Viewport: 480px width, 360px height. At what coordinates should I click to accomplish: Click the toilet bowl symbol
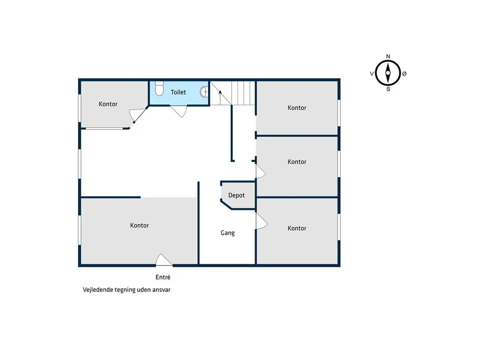(159, 88)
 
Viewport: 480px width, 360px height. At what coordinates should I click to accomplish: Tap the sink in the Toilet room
(204, 92)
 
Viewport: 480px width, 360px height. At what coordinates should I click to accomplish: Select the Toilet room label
(178, 92)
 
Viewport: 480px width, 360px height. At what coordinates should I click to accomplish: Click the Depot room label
(236, 195)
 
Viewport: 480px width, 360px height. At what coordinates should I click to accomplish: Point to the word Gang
(228, 233)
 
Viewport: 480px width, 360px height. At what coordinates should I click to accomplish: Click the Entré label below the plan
(163, 277)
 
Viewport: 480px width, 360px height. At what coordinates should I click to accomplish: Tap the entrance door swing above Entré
(164, 260)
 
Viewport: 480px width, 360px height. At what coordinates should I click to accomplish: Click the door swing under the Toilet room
(179, 111)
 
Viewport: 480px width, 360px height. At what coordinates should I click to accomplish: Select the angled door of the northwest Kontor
(138, 116)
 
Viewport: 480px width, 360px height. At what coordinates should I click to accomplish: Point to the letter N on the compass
(388, 56)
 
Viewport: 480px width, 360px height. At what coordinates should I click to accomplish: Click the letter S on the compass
(388, 89)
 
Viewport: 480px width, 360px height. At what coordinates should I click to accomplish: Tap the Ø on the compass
(404, 74)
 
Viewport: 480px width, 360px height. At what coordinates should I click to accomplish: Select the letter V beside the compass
(372, 74)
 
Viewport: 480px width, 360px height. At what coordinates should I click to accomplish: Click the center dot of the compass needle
(388, 73)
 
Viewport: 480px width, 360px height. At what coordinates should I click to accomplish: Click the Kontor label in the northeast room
(297, 108)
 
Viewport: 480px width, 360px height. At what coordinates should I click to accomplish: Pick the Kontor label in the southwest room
(139, 225)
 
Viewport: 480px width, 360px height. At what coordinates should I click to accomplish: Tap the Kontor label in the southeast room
(297, 228)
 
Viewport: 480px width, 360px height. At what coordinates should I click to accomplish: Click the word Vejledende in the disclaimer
(97, 290)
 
